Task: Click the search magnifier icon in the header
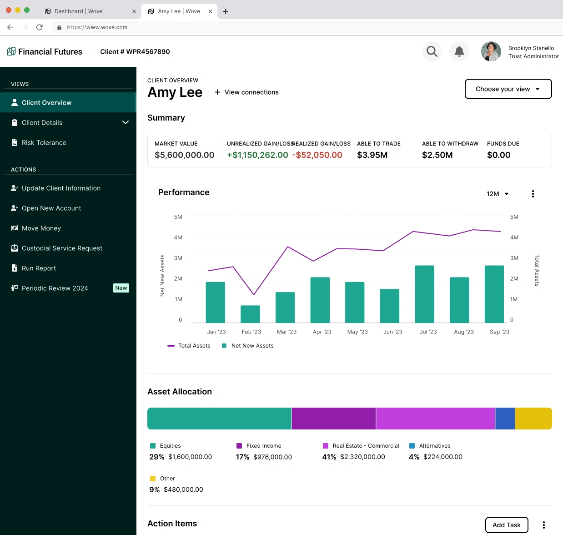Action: (432, 52)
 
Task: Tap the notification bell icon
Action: (459, 52)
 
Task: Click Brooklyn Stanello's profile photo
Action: (491, 52)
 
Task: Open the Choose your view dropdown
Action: (508, 89)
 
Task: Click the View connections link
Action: (246, 92)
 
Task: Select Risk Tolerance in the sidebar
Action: (44, 143)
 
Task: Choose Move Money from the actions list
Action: (41, 228)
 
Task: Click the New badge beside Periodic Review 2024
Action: (121, 288)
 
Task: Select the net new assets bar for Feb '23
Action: (250, 314)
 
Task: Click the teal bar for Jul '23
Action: (424, 294)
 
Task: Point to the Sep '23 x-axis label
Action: (499, 332)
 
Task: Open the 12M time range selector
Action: (498, 194)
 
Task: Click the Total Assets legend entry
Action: (189, 346)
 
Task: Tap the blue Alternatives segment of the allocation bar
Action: (505, 419)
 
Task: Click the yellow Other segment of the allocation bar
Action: (533, 419)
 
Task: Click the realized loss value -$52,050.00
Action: (317, 155)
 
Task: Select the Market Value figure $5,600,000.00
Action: (184, 155)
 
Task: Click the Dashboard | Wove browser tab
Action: (78, 11)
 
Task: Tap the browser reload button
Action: (40, 27)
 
